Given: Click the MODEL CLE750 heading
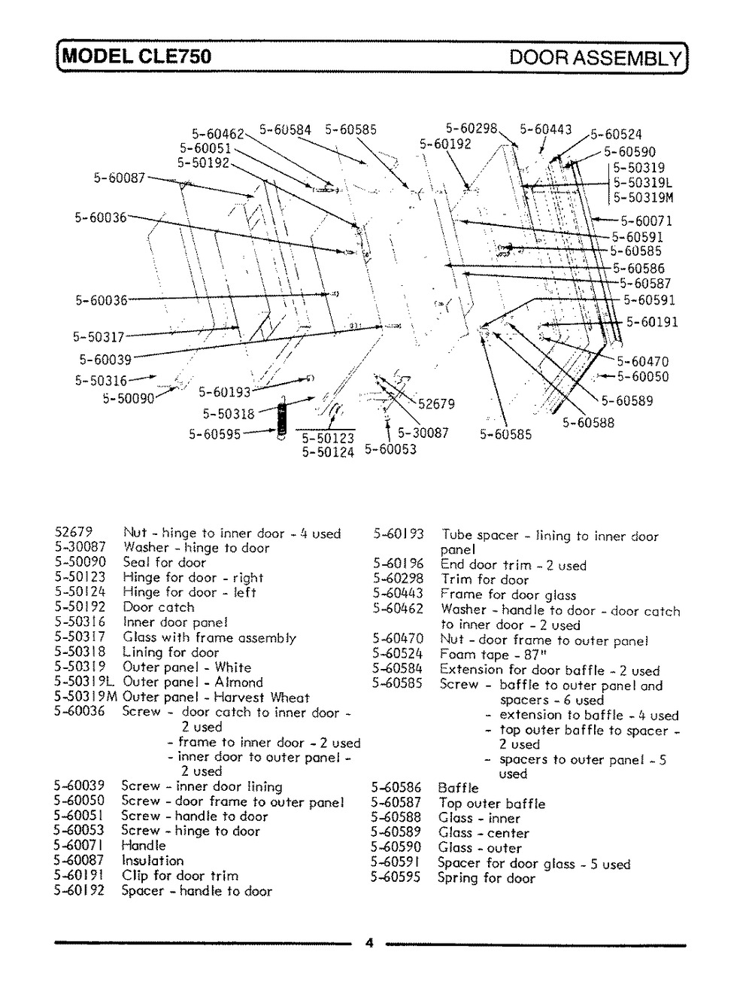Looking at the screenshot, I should (x=138, y=56).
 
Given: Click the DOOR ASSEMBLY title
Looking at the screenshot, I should (x=595, y=57).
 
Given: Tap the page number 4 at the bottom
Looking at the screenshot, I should (x=368, y=944).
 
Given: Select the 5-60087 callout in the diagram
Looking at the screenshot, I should (x=120, y=178).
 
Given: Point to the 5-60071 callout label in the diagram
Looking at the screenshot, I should (x=646, y=221).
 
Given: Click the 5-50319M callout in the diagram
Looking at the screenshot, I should (x=643, y=198).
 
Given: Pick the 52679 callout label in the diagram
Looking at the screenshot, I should (x=436, y=404).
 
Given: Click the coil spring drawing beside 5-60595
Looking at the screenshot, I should (x=283, y=420).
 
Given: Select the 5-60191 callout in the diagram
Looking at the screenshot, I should (x=652, y=322).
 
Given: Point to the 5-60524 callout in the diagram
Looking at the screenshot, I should (x=616, y=135).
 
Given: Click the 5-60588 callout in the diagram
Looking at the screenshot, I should (x=588, y=423).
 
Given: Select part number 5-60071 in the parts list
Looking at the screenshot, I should (x=79, y=846).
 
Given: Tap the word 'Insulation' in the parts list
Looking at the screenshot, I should (x=153, y=861).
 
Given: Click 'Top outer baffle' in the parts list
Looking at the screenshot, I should (x=492, y=804).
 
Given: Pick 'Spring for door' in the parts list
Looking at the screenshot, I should (x=487, y=878).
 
